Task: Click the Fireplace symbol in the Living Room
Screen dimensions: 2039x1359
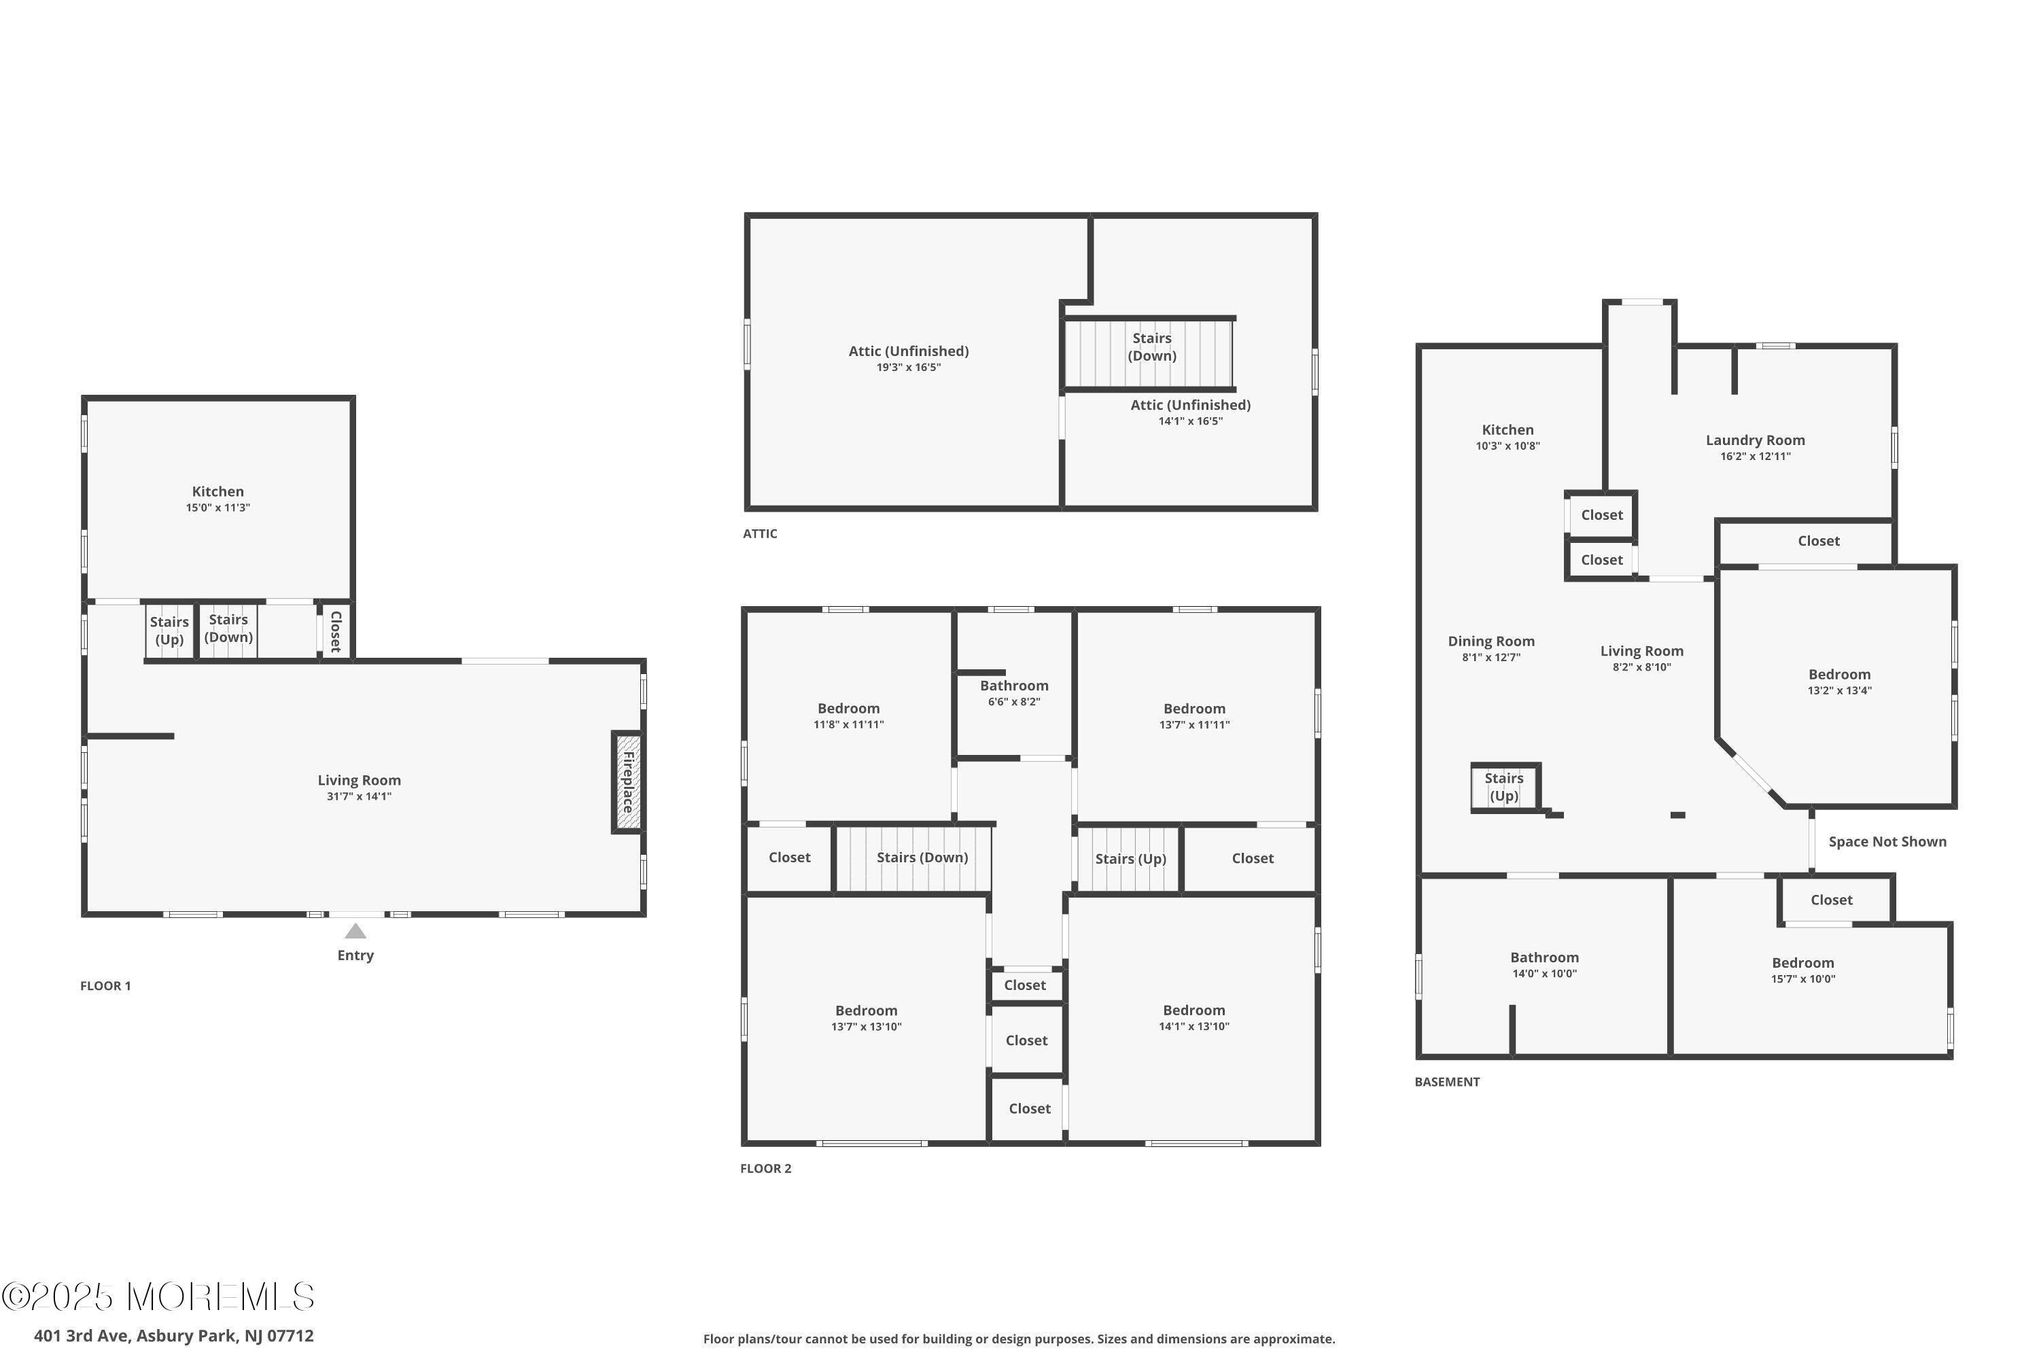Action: [x=627, y=783]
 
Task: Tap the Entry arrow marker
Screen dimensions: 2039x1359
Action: [x=355, y=931]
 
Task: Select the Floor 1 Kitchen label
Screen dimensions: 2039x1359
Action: [x=217, y=491]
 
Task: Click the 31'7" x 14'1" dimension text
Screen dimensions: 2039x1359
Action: [x=359, y=796]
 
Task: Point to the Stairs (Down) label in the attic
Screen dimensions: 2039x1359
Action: [x=1152, y=347]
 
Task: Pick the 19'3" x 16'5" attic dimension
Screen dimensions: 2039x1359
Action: [x=909, y=368]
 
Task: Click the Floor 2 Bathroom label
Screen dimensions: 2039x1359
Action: [x=1014, y=686]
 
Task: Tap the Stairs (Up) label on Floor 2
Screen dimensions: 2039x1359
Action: [x=1130, y=858]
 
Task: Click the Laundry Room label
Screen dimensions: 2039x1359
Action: [x=1756, y=440]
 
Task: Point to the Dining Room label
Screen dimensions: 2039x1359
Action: [x=1491, y=641]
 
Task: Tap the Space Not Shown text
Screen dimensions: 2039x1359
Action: [x=1887, y=842]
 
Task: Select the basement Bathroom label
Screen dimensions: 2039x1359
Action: [x=1545, y=957]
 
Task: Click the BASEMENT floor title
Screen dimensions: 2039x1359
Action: [x=1447, y=1082]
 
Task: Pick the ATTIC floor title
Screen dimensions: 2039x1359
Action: [x=761, y=534]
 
